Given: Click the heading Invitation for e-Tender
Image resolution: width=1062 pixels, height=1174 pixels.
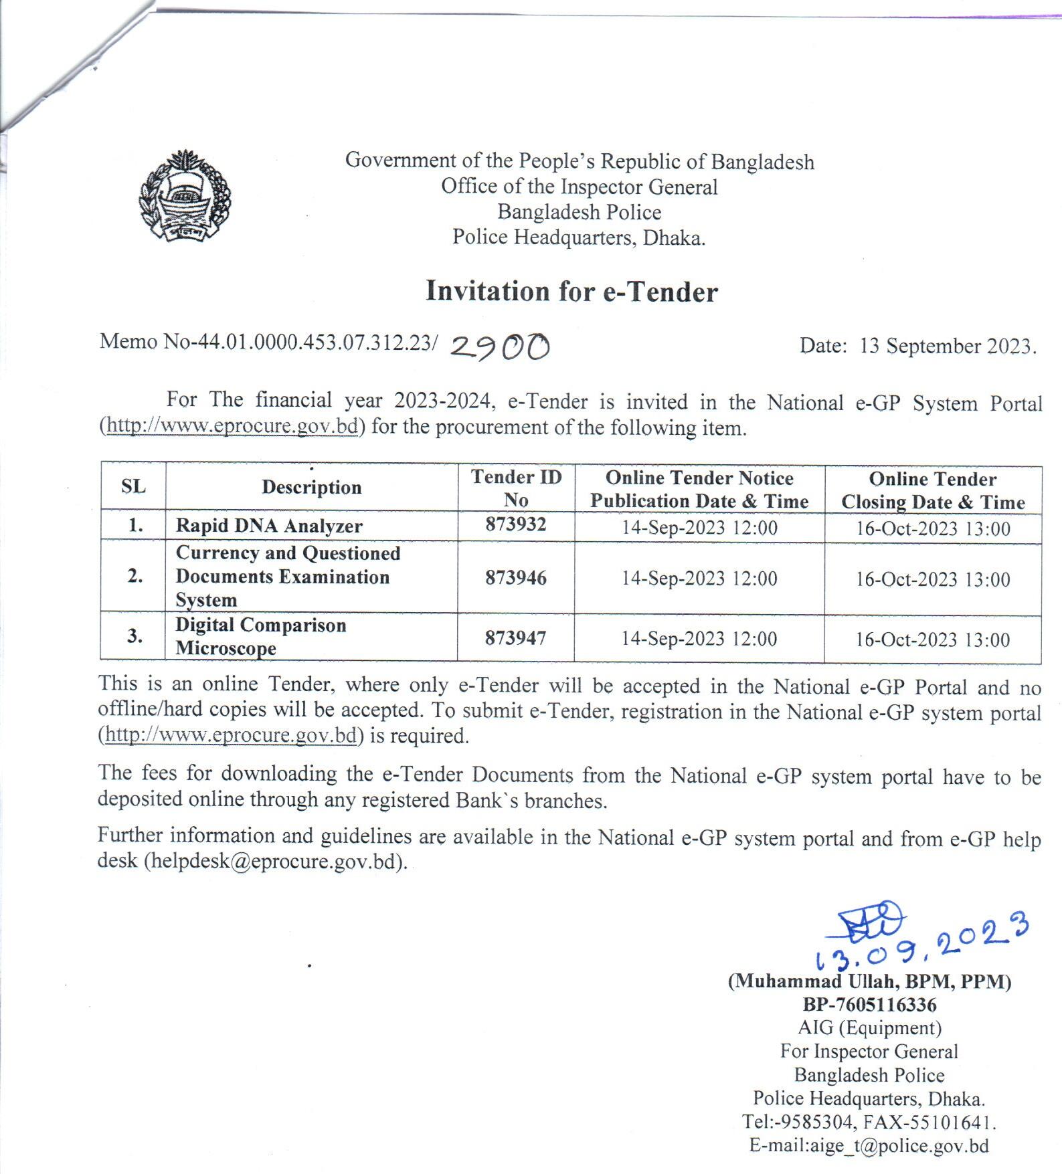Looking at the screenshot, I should coord(571,292).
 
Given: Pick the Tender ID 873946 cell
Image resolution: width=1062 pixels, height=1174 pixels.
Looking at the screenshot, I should coord(516,577).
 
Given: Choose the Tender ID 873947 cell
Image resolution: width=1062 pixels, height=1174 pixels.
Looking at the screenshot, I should coord(516,638).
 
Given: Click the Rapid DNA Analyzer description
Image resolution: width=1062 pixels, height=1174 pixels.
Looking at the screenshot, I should coord(269,526).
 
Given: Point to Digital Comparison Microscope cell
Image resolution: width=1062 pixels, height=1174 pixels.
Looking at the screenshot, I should coord(261,636).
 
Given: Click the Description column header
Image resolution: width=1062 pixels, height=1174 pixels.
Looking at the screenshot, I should coord(311,487).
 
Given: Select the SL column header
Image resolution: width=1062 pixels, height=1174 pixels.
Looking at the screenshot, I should coord(133,486).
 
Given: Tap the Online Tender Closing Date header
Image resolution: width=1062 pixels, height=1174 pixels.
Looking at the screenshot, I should coord(933,490).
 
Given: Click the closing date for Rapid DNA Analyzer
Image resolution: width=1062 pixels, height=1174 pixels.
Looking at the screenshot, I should coord(933,528).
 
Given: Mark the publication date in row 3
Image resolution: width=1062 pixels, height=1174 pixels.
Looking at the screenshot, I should coord(699,638).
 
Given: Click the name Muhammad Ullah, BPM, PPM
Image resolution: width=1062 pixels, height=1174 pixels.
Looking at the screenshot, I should coord(869,981).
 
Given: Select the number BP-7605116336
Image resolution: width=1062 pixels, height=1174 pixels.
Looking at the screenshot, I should coord(869,1005).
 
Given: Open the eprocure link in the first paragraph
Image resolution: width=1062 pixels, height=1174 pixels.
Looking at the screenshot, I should coord(232,426).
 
